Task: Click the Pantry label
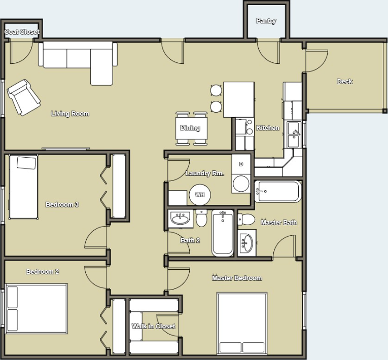[266, 21]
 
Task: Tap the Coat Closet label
[22, 31]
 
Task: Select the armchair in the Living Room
[23, 97]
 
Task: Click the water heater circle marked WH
[200, 195]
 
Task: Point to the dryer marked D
[241, 164]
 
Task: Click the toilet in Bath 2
[201, 218]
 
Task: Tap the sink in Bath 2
[181, 219]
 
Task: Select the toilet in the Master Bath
[246, 220]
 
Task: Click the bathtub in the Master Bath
[278, 191]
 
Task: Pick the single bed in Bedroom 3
[23, 187]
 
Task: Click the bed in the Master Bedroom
[242, 323]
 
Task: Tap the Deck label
[344, 82]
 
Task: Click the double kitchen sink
[294, 134]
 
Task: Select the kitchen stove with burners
[244, 126]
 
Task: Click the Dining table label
[190, 128]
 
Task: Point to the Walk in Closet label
[153, 327]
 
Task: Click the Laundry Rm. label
[205, 173]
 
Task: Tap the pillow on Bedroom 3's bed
[26, 163]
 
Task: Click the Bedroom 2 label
[43, 272]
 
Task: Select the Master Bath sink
[246, 243]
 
